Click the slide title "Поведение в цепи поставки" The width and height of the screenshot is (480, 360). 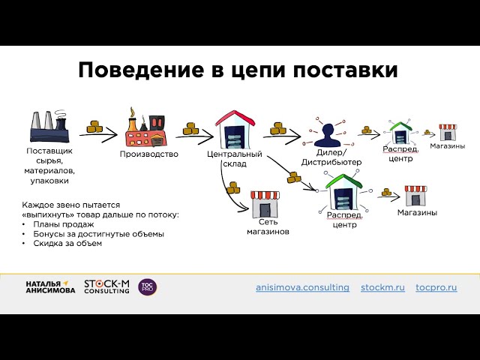click(238, 70)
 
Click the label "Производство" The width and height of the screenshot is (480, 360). click(149, 154)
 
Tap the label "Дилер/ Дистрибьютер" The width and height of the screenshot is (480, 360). click(331, 157)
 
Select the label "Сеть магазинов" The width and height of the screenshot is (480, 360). click(268, 227)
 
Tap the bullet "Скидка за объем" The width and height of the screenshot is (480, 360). click(67, 243)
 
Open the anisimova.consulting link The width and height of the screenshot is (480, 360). click(302, 288)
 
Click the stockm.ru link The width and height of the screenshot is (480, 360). click(382, 288)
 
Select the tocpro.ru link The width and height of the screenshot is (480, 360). click(436, 288)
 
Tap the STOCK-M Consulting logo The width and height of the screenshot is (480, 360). click(107, 286)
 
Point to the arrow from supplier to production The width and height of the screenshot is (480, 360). click(98, 136)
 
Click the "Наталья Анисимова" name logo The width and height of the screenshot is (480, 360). click(50, 286)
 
